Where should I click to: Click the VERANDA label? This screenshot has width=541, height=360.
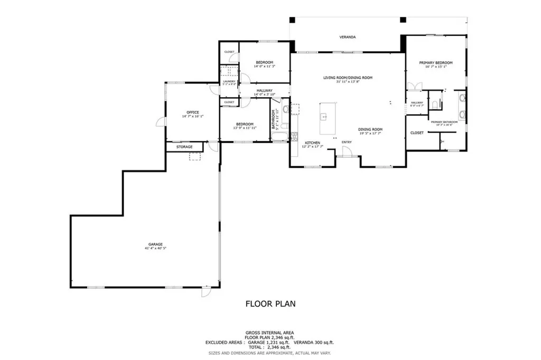[347, 37]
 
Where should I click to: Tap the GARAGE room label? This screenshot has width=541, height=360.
[155, 244]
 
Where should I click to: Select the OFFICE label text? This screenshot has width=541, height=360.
[192, 112]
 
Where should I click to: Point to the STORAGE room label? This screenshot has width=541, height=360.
[184, 147]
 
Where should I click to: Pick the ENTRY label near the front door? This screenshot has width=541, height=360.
[347, 142]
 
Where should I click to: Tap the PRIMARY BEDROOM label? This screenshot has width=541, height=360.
[436, 62]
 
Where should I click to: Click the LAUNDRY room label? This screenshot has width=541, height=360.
[229, 81]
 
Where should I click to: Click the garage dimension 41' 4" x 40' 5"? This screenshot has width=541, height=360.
[155, 248]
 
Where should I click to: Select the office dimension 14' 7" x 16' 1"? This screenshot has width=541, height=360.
[192, 116]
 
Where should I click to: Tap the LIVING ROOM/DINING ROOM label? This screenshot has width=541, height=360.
[348, 78]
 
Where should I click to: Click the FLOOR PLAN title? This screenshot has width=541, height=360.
[270, 304]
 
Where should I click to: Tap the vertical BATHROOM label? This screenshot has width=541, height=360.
[274, 119]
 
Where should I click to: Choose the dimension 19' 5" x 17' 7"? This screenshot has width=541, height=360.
[370, 134]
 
